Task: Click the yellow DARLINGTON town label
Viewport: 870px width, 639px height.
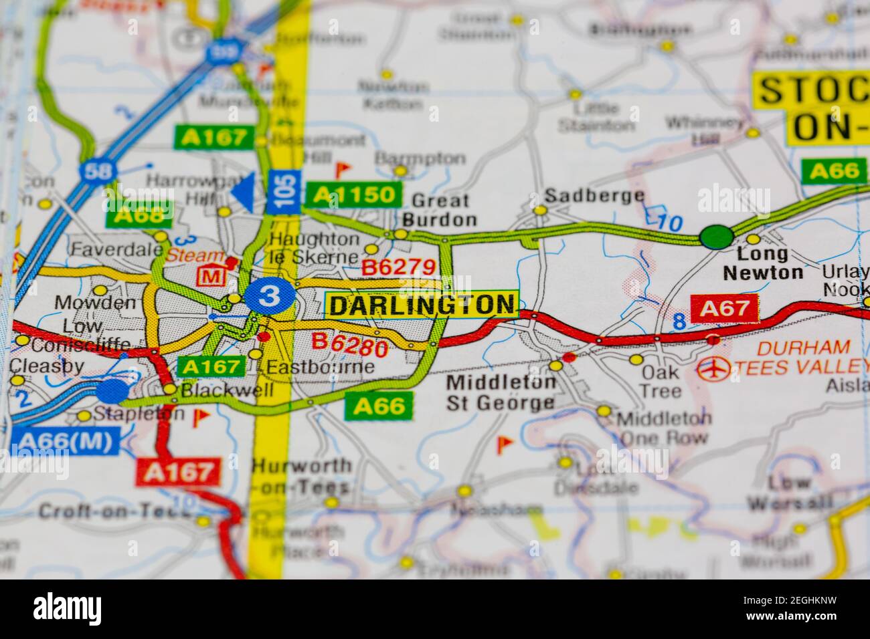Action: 422,305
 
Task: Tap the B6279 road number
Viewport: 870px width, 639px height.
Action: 399,267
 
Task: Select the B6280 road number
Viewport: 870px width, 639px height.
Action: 351,344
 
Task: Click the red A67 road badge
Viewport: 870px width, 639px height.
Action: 725,308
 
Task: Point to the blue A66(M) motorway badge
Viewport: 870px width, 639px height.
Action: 66,440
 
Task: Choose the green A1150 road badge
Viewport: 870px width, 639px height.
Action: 354,195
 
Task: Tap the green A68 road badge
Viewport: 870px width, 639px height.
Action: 139,215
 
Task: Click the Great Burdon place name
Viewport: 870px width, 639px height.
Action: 440,210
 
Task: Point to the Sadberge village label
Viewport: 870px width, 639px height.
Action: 594,196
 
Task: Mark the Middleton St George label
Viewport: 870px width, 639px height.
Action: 502,392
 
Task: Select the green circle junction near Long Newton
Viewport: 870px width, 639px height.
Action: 716,237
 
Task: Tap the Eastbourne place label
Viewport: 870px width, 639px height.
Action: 320,367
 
